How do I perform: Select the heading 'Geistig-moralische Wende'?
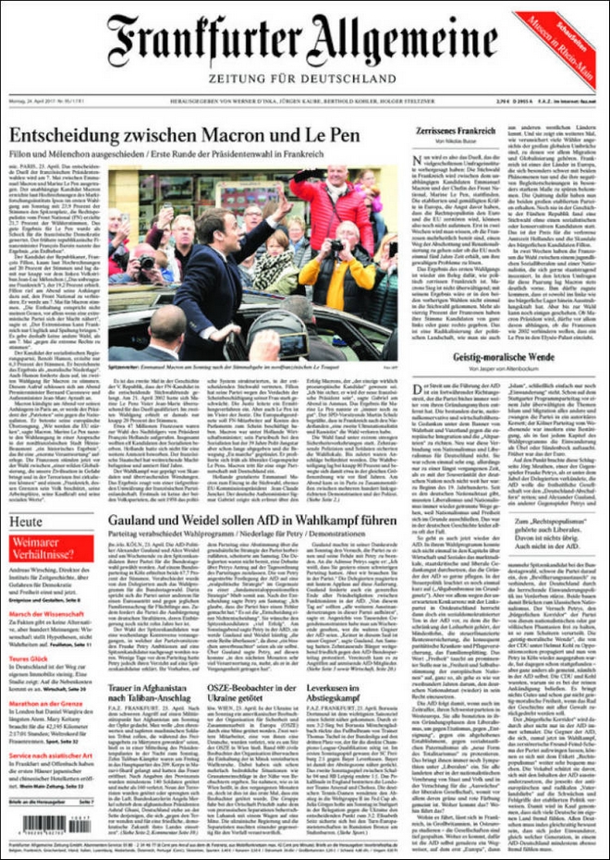(502, 357)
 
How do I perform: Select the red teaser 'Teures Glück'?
(28, 658)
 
